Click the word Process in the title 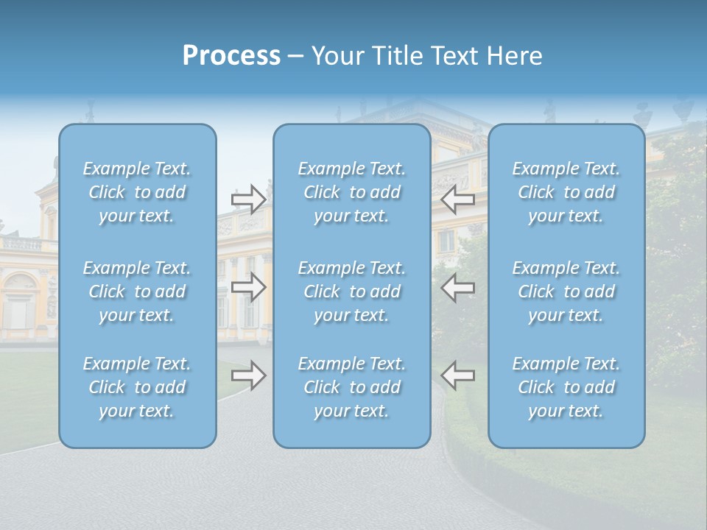[231, 56]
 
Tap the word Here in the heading [514, 56]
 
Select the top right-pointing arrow [249, 198]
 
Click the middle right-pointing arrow [249, 286]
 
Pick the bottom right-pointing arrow [249, 375]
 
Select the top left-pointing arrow [457, 198]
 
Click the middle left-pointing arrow [457, 286]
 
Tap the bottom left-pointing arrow [457, 375]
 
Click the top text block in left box [137, 192]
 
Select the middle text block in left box [137, 291]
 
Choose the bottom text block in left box [137, 387]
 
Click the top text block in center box [352, 192]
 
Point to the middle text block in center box [352, 291]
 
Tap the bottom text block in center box [352, 387]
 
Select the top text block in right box [566, 192]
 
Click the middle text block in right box [566, 291]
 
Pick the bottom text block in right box [566, 387]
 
